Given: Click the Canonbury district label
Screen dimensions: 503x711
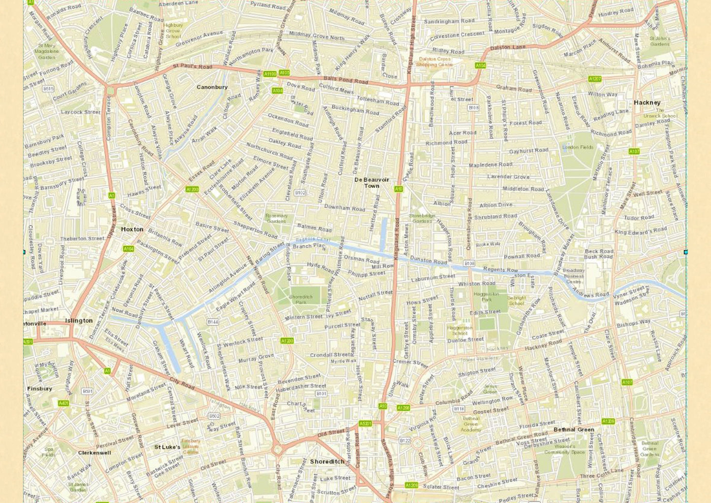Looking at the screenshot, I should [x=212, y=87].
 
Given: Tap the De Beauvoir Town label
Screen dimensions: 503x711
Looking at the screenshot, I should [x=371, y=183].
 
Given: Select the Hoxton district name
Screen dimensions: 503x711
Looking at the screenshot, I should [x=132, y=229].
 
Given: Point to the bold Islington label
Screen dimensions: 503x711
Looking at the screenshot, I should [x=79, y=320].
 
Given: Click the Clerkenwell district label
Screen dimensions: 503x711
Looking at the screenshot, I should [x=94, y=452].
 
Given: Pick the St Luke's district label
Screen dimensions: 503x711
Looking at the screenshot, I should [x=167, y=447].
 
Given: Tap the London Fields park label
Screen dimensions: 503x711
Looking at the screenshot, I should [x=578, y=147].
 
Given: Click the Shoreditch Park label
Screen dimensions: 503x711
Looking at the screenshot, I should [x=301, y=300].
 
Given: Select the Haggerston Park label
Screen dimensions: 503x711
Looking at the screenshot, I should [x=486, y=297].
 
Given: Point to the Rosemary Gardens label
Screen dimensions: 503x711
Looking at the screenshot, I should [x=277, y=218].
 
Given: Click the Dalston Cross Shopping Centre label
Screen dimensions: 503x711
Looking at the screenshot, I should [x=434, y=62].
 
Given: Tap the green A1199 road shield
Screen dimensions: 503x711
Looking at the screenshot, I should [x=270, y=74].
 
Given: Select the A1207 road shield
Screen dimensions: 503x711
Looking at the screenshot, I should [x=595, y=79].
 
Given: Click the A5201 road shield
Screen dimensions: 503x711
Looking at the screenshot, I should [x=365, y=423].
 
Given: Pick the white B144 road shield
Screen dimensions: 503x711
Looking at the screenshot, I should [x=213, y=322].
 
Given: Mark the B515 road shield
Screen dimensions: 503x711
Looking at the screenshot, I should [x=48, y=89].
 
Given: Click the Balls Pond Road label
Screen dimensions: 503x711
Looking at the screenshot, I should [x=345, y=80].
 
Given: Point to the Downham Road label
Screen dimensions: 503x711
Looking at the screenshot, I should [x=344, y=208].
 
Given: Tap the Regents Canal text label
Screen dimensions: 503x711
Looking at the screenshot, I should [x=312, y=240].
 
